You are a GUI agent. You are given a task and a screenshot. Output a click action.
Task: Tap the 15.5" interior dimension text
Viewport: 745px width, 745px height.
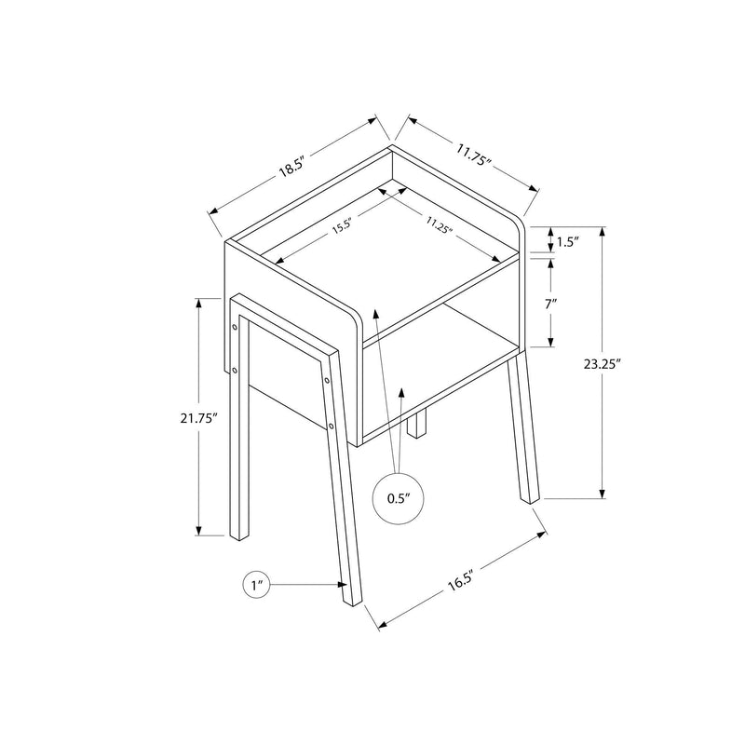342,224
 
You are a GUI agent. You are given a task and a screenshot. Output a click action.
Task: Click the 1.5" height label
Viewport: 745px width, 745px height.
568,242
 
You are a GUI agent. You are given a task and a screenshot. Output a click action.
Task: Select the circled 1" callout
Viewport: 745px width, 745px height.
257,586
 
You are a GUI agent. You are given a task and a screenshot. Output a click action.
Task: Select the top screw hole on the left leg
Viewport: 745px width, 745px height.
233,327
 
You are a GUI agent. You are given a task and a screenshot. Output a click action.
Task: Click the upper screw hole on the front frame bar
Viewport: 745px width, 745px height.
329,380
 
